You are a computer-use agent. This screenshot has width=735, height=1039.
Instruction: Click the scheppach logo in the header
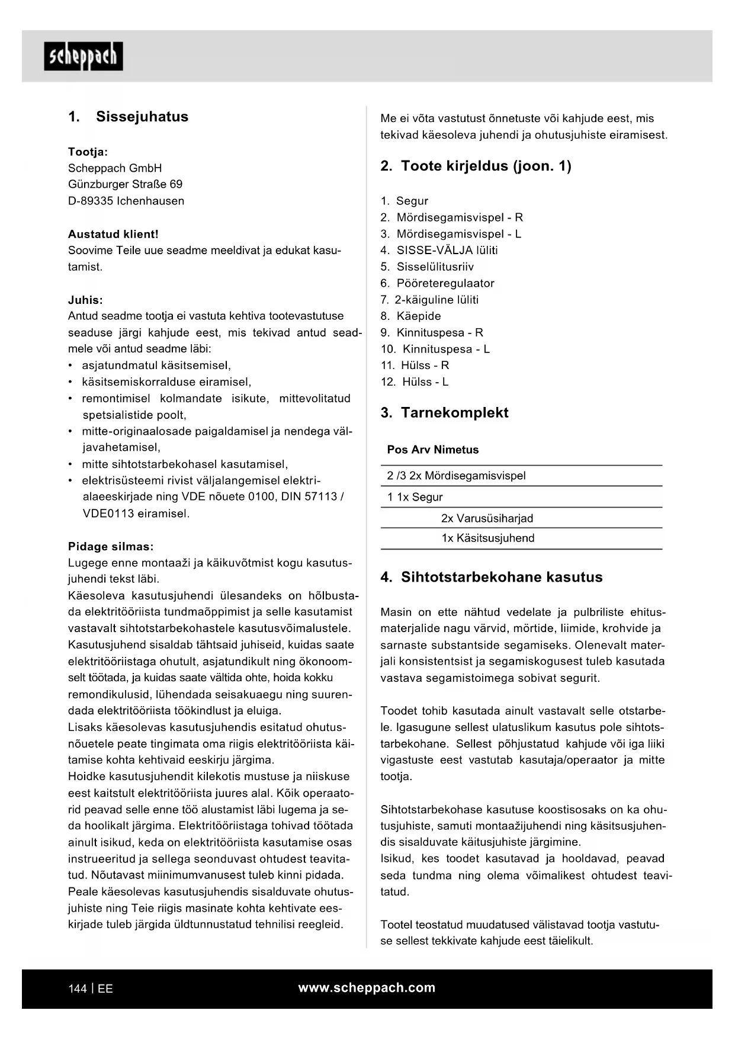click(x=84, y=56)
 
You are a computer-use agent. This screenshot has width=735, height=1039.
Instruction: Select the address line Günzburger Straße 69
click(x=125, y=184)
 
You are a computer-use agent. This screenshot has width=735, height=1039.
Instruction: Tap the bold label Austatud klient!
click(x=113, y=234)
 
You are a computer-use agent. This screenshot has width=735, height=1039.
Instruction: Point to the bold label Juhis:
click(x=85, y=300)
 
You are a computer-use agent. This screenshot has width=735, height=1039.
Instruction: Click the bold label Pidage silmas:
click(x=111, y=546)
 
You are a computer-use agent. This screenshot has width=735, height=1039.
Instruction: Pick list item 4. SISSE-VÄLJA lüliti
click(x=439, y=250)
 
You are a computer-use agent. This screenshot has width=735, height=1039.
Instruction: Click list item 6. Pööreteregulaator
click(x=437, y=283)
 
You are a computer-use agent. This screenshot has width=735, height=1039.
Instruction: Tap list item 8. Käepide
click(x=410, y=316)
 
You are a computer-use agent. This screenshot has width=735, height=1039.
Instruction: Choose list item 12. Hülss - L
click(x=414, y=381)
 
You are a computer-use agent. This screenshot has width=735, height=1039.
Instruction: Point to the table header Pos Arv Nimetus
click(x=432, y=450)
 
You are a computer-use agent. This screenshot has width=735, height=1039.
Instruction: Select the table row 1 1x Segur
click(x=415, y=497)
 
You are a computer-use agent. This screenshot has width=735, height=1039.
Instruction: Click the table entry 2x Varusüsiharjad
click(x=487, y=518)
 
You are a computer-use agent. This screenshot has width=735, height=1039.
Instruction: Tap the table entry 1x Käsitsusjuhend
click(x=487, y=538)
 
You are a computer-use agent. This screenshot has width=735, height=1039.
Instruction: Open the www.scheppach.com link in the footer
click(x=367, y=987)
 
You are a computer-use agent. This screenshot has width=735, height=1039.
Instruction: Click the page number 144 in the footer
click(x=77, y=989)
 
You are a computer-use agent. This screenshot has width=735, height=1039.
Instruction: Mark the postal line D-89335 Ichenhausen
click(x=126, y=201)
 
